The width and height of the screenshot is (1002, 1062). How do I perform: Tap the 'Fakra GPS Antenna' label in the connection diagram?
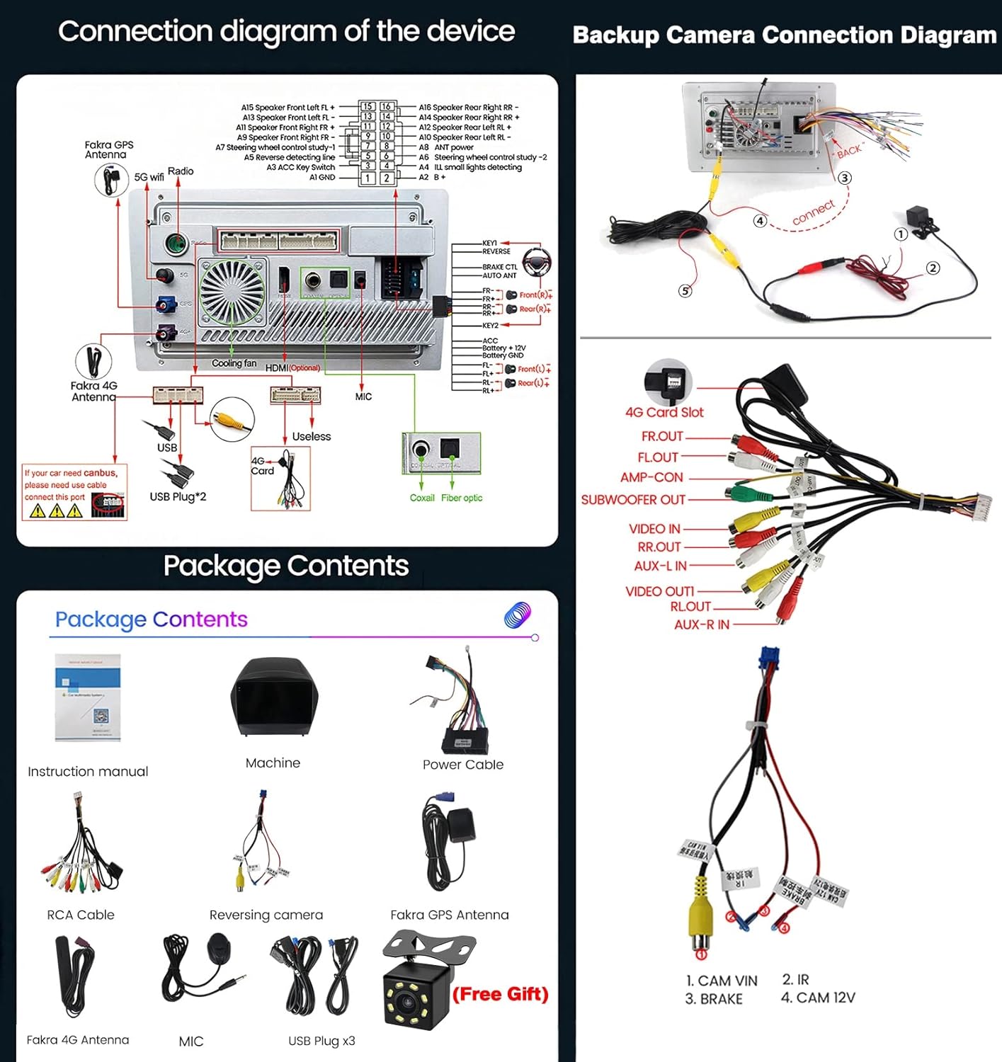tap(108, 149)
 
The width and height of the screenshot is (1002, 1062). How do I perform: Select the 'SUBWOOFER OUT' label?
tap(633, 500)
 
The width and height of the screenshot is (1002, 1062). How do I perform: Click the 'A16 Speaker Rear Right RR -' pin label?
tap(468, 108)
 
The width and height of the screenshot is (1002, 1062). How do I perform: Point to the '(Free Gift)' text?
tap(500, 994)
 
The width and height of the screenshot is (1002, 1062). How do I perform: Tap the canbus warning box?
tap(74, 492)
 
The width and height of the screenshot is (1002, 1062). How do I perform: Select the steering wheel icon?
tap(536, 262)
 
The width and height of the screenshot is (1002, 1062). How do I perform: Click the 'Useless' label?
tap(311, 437)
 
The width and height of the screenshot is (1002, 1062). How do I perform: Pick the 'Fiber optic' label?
tap(462, 498)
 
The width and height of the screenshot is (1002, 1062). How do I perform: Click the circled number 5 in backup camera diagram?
tap(685, 291)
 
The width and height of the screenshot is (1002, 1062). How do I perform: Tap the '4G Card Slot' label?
tap(664, 412)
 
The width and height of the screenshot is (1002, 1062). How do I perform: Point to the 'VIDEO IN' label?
tap(654, 529)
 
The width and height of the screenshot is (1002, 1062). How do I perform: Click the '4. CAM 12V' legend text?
tap(818, 998)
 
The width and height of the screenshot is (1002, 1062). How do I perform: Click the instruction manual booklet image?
tap(88, 697)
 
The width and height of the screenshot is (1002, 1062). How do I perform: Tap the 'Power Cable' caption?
tap(463, 765)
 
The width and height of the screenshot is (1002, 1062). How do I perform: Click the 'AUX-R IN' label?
tap(701, 624)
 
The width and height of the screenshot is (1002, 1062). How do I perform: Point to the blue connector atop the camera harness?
tap(768, 658)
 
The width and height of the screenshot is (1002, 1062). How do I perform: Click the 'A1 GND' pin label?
tap(322, 178)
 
